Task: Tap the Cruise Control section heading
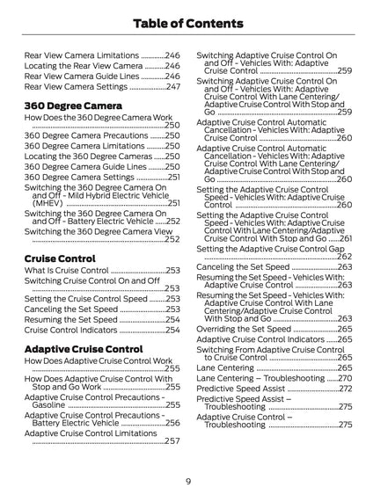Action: pyautogui.click(x=61, y=258)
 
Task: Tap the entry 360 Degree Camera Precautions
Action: pyautogui.click(x=86, y=136)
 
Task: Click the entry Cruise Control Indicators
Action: pyautogui.click(x=71, y=331)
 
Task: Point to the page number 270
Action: pyautogui.click(x=345, y=377)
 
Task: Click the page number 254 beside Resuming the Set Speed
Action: pyautogui.click(x=172, y=320)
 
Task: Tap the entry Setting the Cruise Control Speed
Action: pyautogui.click(x=86, y=299)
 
